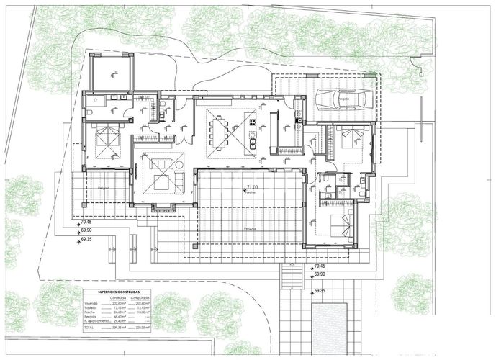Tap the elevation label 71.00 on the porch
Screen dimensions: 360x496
(x=252, y=186)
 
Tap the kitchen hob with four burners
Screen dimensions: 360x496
(x=253, y=134)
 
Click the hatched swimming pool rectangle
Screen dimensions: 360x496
(x=339, y=327)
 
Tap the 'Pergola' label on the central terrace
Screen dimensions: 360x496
(x=250, y=228)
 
